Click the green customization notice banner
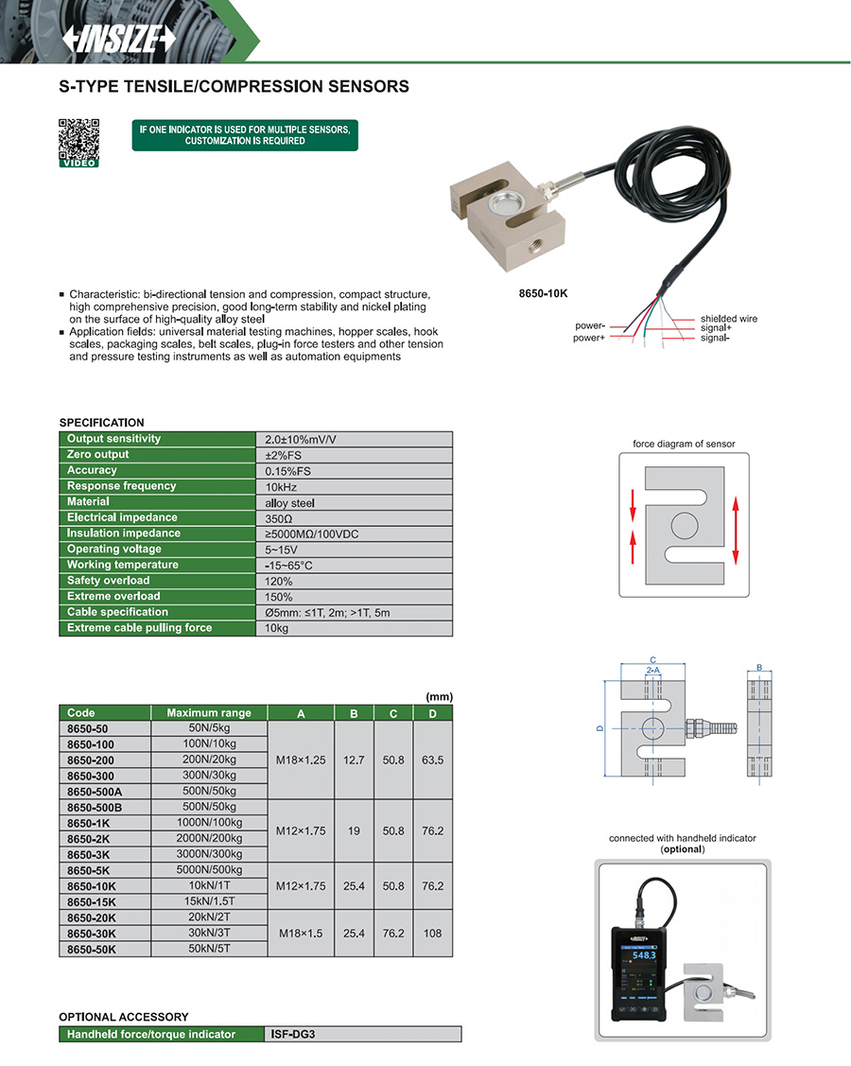(245, 134)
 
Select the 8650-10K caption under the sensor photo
(543, 293)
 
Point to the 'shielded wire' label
(728, 319)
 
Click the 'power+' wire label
(589, 338)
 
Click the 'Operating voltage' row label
(114, 550)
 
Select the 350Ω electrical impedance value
(280, 518)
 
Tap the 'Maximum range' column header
(209, 713)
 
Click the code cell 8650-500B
(95, 808)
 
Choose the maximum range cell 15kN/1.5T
(209, 901)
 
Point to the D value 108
(432, 933)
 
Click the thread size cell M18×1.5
(301, 933)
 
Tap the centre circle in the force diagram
(684, 525)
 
